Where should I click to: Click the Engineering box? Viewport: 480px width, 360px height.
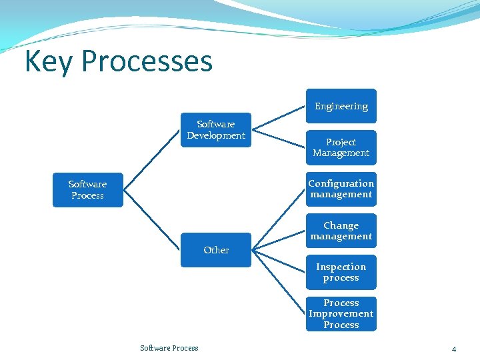(x=341, y=106)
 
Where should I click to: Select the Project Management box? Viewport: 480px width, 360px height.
(x=341, y=147)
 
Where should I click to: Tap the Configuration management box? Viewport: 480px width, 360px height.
(x=341, y=189)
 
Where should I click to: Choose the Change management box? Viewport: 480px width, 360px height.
(x=341, y=231)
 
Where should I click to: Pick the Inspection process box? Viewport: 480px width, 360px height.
(x=341, y=272)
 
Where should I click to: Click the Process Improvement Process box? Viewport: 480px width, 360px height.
(x=341, y=313)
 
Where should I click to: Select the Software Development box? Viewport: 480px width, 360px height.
(x=216, y=130)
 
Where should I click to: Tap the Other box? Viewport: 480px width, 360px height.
(x=216, y=250)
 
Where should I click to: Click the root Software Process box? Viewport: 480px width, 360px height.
(x=87, y=189)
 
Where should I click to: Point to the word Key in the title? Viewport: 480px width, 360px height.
(x=49, y=61)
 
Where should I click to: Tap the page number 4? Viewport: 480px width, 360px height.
(x=453, y=349)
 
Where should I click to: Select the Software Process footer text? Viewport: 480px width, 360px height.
(x=169, y=348)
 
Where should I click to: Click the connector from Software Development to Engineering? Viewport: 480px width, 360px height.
(x=279, y=115)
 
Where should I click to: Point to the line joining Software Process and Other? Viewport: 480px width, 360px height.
(x=153, y=221)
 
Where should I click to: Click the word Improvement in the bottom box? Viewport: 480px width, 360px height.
(x=341, y=313)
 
